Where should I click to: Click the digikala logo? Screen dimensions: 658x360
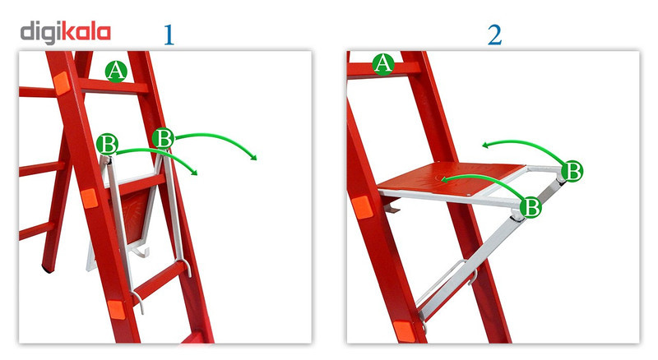click(x=66, y=33)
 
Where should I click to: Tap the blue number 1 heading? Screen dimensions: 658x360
click(x=169, y=35)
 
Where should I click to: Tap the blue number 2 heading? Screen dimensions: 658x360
click(x=495, y=35)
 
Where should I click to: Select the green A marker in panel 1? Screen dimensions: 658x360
click(x=116, y=71)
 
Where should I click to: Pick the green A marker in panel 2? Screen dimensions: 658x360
click(x=383, y=64)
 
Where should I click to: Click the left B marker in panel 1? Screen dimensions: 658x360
click(x=107, y=145)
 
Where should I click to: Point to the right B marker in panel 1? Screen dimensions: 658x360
click(x=163, y=138)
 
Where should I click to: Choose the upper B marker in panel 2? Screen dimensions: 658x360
click(x=572, y=171)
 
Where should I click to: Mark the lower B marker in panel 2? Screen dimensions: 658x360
click(x=531, y=207)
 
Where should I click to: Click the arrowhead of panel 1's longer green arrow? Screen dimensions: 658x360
click(x=253, y=157)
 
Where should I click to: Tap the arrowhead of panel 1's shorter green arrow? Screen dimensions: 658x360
click(x=194, y=172)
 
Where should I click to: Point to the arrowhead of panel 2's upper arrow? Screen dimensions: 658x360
click(x=485, y=145)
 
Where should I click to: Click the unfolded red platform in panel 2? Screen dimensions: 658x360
click(x=451, y=178)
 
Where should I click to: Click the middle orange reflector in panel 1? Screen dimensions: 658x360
click(x=90, y=198)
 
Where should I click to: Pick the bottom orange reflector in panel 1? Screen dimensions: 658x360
click(x=116, y=310)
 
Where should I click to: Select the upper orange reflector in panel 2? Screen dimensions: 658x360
click(x=362, y=207)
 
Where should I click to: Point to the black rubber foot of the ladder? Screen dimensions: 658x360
click(x=48, y=269)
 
